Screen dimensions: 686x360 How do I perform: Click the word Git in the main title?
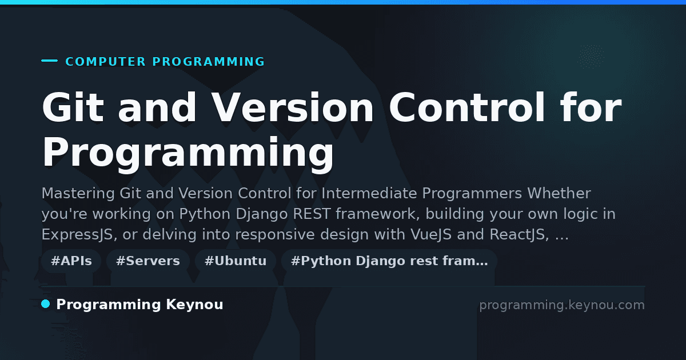point(73,107)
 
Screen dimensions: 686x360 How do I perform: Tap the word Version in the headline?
point(292,107)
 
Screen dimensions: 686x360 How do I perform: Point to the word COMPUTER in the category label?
point(106,62)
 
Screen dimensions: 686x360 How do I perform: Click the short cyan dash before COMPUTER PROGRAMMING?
point(49,61)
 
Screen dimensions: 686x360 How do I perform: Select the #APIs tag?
point(71,261)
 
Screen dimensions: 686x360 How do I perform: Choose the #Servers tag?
point(148,261)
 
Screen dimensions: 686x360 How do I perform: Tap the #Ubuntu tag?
point(236,261)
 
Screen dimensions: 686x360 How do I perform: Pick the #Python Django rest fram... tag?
point(389,261)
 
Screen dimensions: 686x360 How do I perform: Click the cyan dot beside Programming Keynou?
point(46,304)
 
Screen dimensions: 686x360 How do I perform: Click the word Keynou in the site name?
point(194,305)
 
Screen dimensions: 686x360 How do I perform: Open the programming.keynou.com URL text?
point(562,305)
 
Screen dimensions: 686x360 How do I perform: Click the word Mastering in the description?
point(78,194)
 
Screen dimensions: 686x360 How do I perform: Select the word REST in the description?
point(312,214)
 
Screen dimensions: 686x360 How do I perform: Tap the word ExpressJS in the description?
point(79,235)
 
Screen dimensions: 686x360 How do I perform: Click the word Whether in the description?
point(559,194)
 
